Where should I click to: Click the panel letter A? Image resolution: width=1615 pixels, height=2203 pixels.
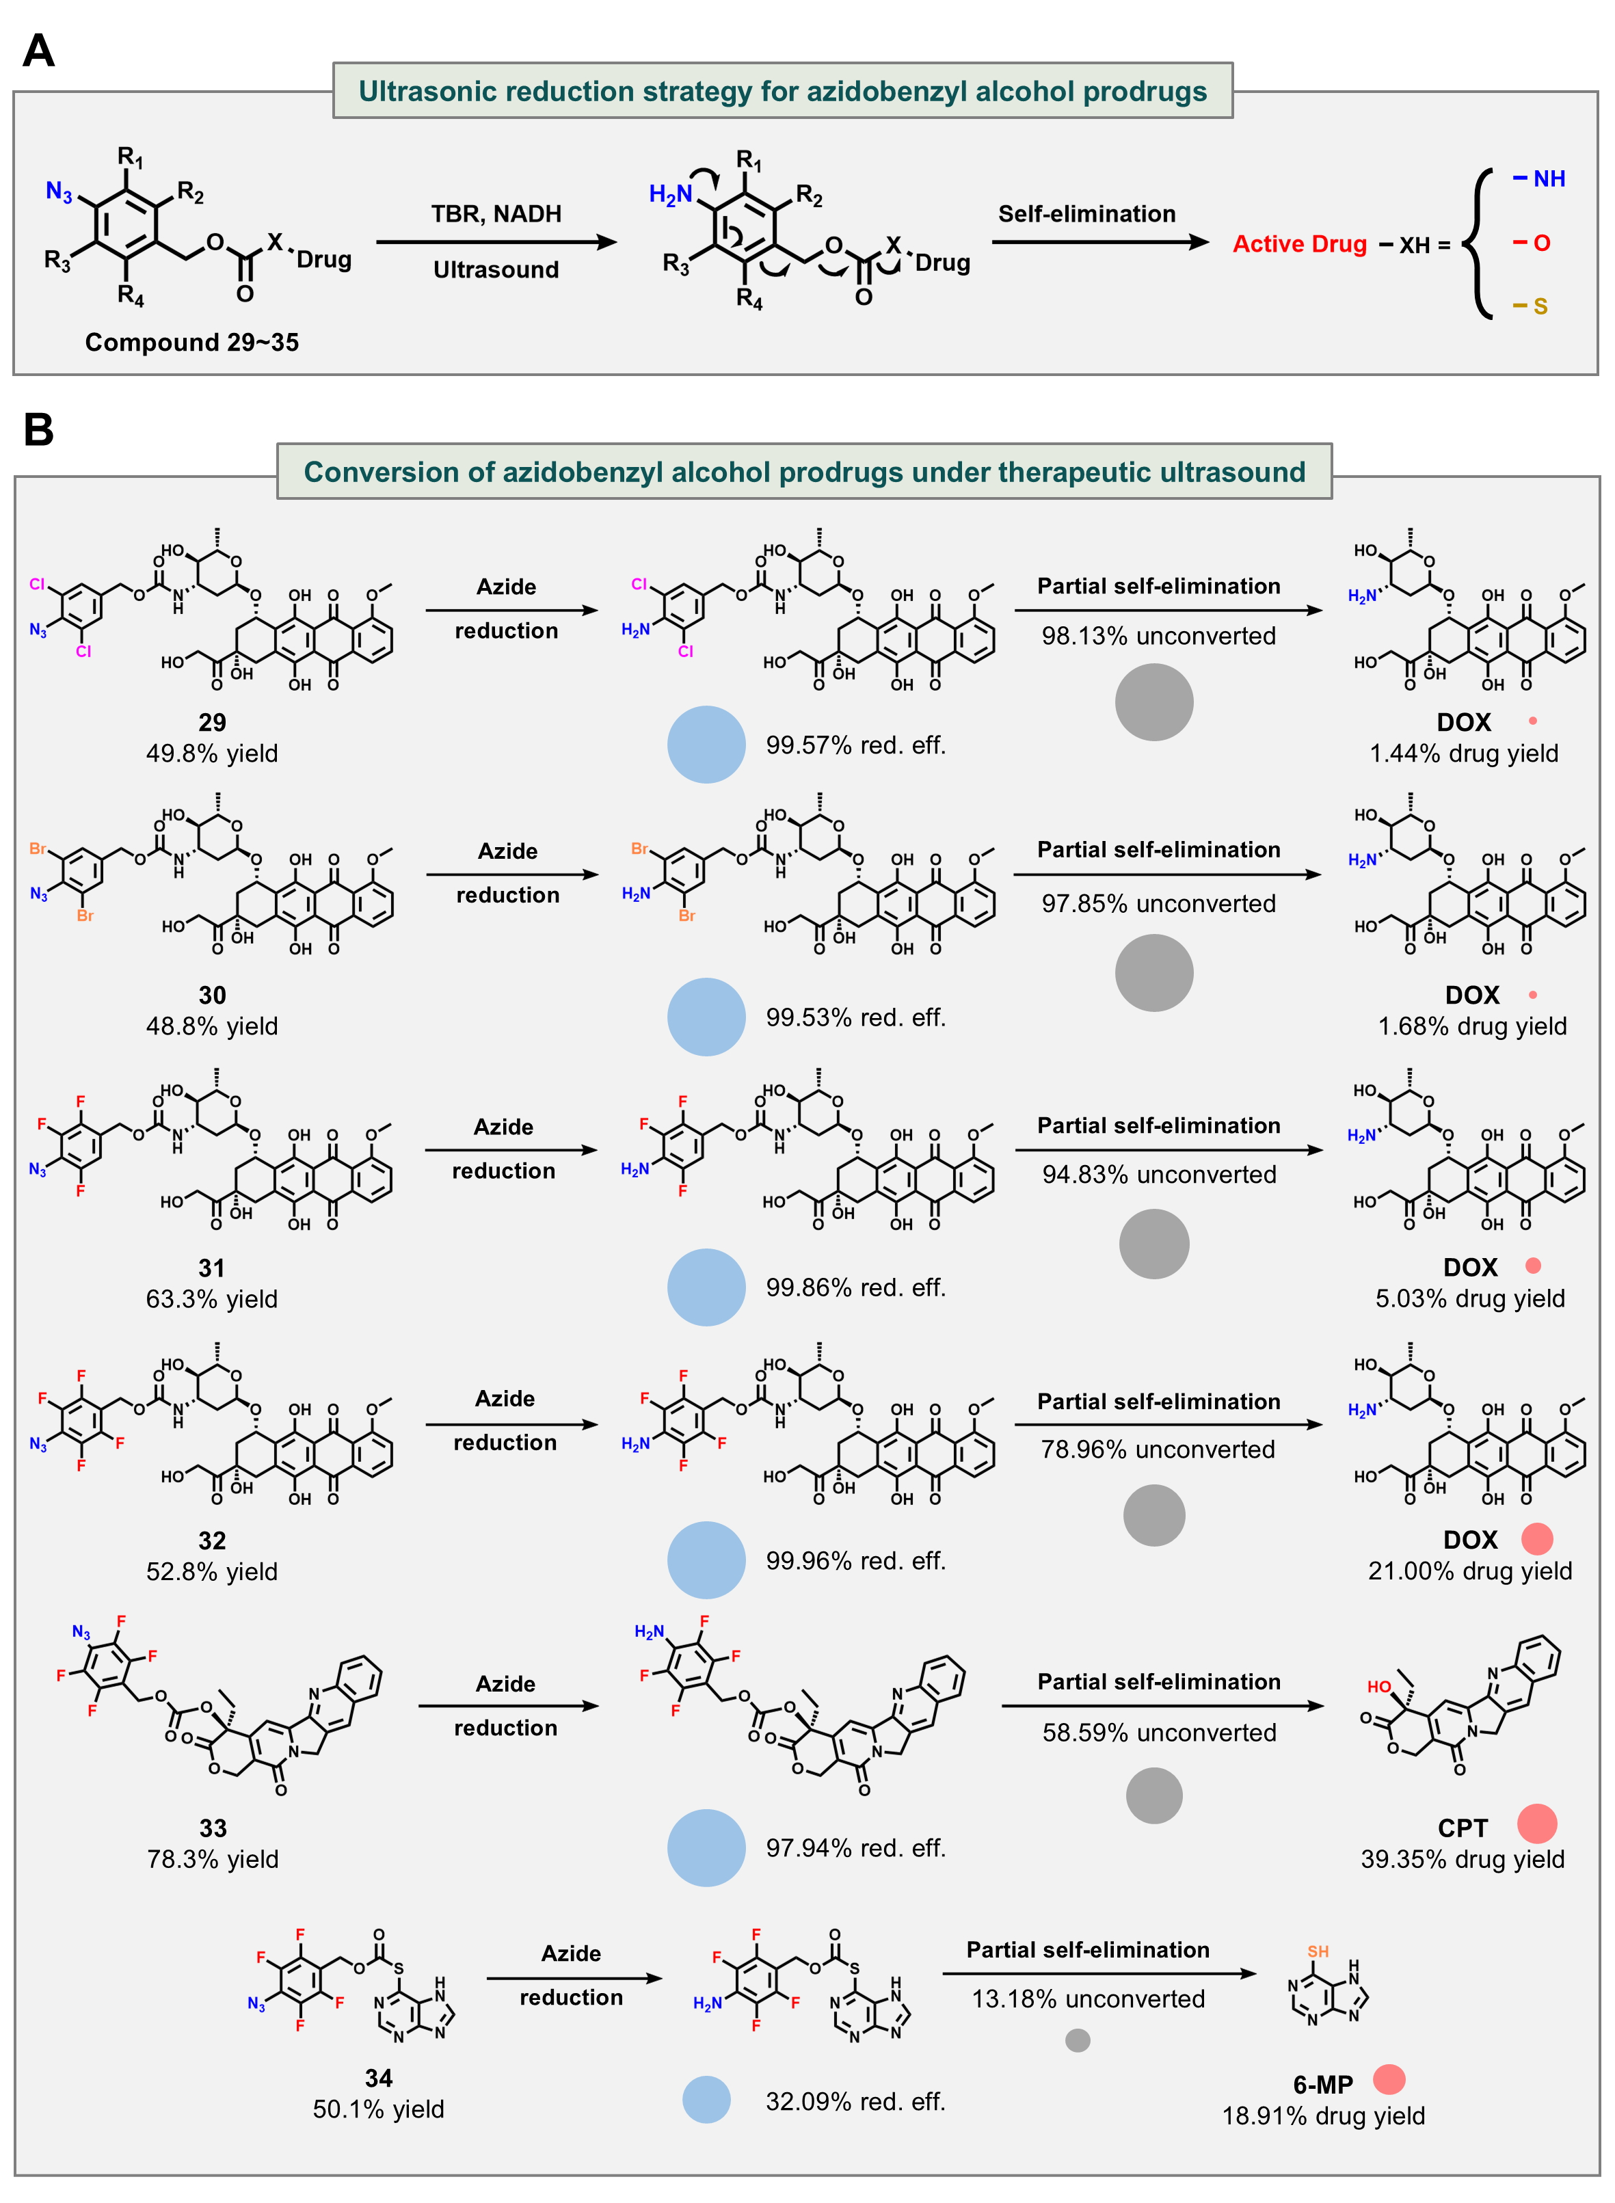(x=38, y=50)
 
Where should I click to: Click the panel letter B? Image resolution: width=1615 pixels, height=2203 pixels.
(x=38, y=429)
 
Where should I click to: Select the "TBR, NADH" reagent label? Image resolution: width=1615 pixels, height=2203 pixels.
(x=496, y=214)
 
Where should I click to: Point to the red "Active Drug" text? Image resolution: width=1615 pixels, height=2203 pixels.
(x=1299, y=243)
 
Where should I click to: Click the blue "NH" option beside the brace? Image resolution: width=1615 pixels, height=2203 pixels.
(x=1549, y=179)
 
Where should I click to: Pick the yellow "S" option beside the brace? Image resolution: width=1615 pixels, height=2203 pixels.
(x=1540, y=306)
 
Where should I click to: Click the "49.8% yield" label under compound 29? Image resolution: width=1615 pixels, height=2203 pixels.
(x=212, y=753)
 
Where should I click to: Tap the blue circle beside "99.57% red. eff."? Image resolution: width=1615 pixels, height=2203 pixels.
(x=706, y=744)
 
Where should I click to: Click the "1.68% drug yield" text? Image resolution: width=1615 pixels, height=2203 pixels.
(x=1472, y=1026)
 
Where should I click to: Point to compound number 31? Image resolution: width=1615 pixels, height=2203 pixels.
(x=212, y=1268)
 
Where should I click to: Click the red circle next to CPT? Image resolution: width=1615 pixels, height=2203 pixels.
(x=1537, y=1824)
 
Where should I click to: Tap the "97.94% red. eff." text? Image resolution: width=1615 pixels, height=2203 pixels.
(x=855, y=1847)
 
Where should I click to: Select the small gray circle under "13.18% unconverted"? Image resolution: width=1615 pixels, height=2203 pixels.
(x=1078, y=2040)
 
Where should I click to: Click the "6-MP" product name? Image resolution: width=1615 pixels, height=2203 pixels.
(x=1322, y=2085)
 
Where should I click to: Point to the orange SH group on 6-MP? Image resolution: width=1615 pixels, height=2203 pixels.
(x=1318, y=1951)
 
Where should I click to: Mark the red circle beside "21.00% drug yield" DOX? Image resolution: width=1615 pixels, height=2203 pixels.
(x=1537, y=1538)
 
